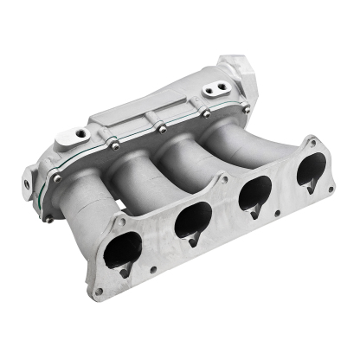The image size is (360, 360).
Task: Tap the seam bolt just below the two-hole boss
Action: point(206,112)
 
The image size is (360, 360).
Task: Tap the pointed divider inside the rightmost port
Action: point(311,183)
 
